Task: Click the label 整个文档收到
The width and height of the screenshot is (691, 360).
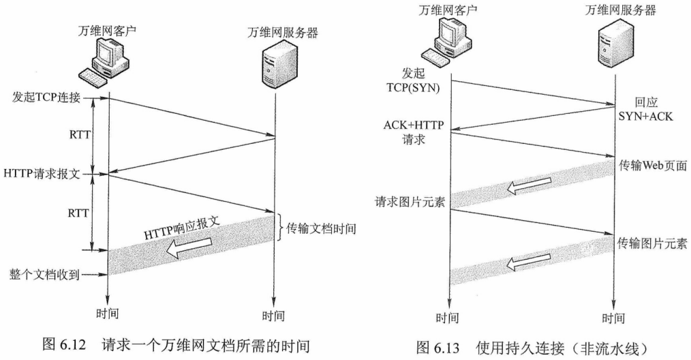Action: (x=45, y=275)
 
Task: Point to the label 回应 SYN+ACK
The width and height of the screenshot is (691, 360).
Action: (x=645, y=109)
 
